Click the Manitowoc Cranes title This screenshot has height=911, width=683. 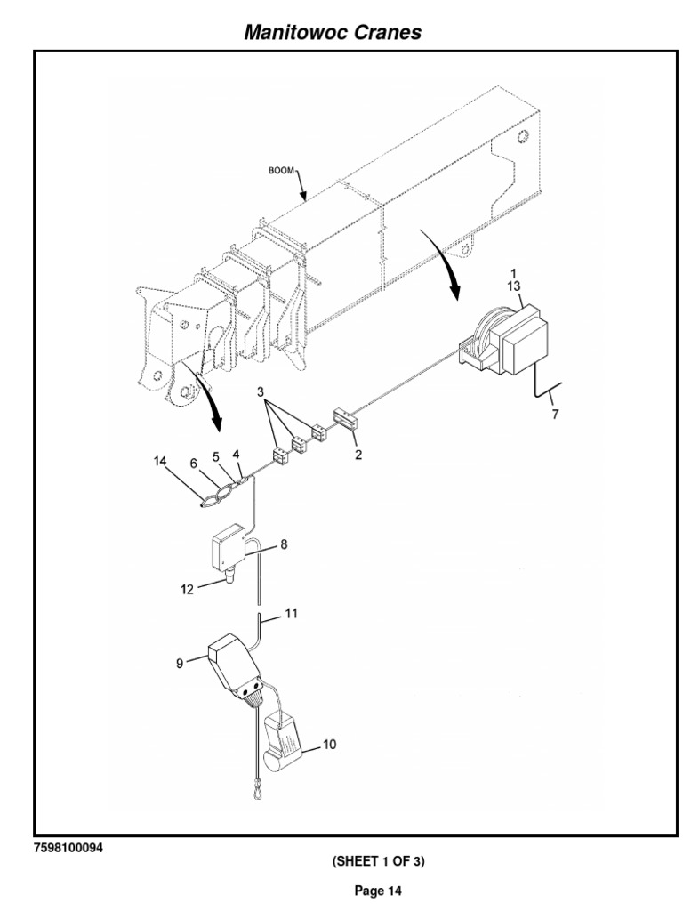tap(333, 33)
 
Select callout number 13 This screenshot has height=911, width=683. tap(513, 286)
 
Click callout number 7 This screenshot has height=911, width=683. tap(556, 414)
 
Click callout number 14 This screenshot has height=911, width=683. tap(159, 462)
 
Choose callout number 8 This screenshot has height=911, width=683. tap(284, 544)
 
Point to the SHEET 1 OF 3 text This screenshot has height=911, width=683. tap(380, 861)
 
